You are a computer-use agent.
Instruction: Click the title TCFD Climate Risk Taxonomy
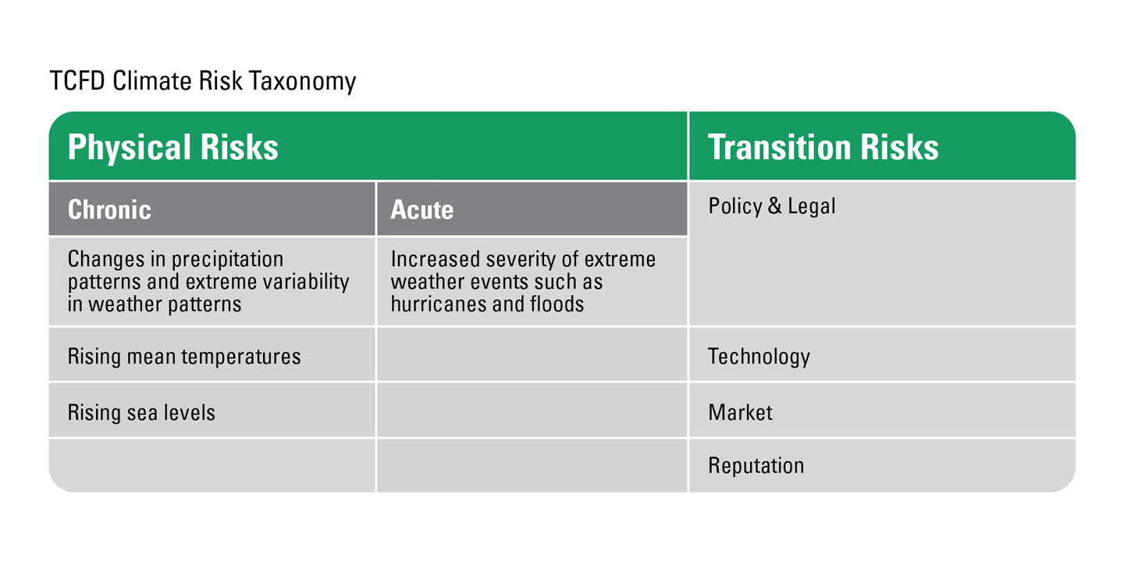[x=203, y=81]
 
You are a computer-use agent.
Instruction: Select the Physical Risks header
[x=173, y=147]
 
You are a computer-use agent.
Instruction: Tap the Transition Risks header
[x=823, y=147]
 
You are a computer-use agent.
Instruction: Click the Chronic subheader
[x=109, y=209]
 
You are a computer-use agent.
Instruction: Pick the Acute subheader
[x=422, y=209]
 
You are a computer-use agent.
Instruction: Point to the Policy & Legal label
[x=772, y=206]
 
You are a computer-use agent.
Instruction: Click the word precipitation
[x=227, y=260]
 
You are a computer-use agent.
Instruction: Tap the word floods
[x=557, y=304]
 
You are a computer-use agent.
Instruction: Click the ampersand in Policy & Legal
[x=774, y=206]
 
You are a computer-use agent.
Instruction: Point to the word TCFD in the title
[x=77, y=80]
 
